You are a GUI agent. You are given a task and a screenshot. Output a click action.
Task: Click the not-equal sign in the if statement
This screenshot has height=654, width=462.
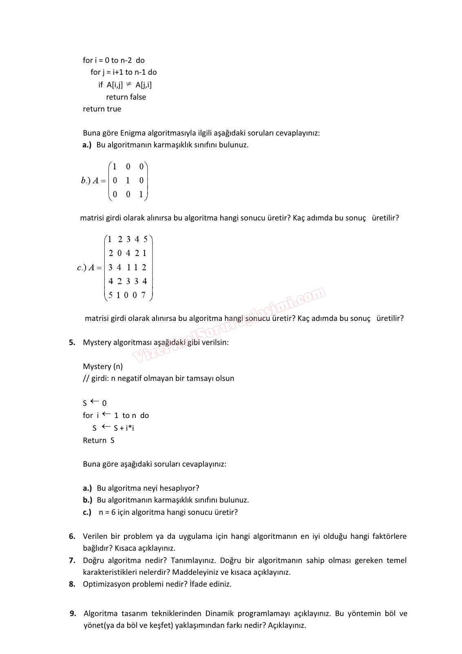[128, 84]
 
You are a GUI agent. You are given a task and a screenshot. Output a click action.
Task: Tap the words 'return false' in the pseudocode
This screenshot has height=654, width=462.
[126, 97]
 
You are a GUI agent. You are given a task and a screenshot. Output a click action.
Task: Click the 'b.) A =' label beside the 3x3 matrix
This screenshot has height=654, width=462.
[93, 180]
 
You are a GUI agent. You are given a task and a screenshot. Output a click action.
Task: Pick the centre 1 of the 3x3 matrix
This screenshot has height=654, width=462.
[128, 180]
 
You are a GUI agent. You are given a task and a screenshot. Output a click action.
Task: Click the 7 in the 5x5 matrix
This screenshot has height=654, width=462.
[144, 295]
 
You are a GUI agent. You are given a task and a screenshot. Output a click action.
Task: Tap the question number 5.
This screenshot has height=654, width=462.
[72, 342]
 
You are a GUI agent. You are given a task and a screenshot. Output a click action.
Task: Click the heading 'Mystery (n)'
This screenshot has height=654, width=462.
[103, 366]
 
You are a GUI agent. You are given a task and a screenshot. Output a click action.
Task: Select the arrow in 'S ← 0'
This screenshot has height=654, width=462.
[95, 402]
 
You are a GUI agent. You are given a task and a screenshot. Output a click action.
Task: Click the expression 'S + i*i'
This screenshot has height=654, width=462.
[124, 428]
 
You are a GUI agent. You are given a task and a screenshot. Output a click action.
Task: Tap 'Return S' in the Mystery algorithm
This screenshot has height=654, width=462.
[99, 440]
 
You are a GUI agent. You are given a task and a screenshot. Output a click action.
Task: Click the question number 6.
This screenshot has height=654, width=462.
[72, 536]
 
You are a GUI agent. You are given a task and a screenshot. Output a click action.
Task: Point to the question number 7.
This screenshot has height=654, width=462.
[72, 560]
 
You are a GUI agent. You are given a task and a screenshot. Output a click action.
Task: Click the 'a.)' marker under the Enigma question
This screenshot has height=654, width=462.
[87, 145]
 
